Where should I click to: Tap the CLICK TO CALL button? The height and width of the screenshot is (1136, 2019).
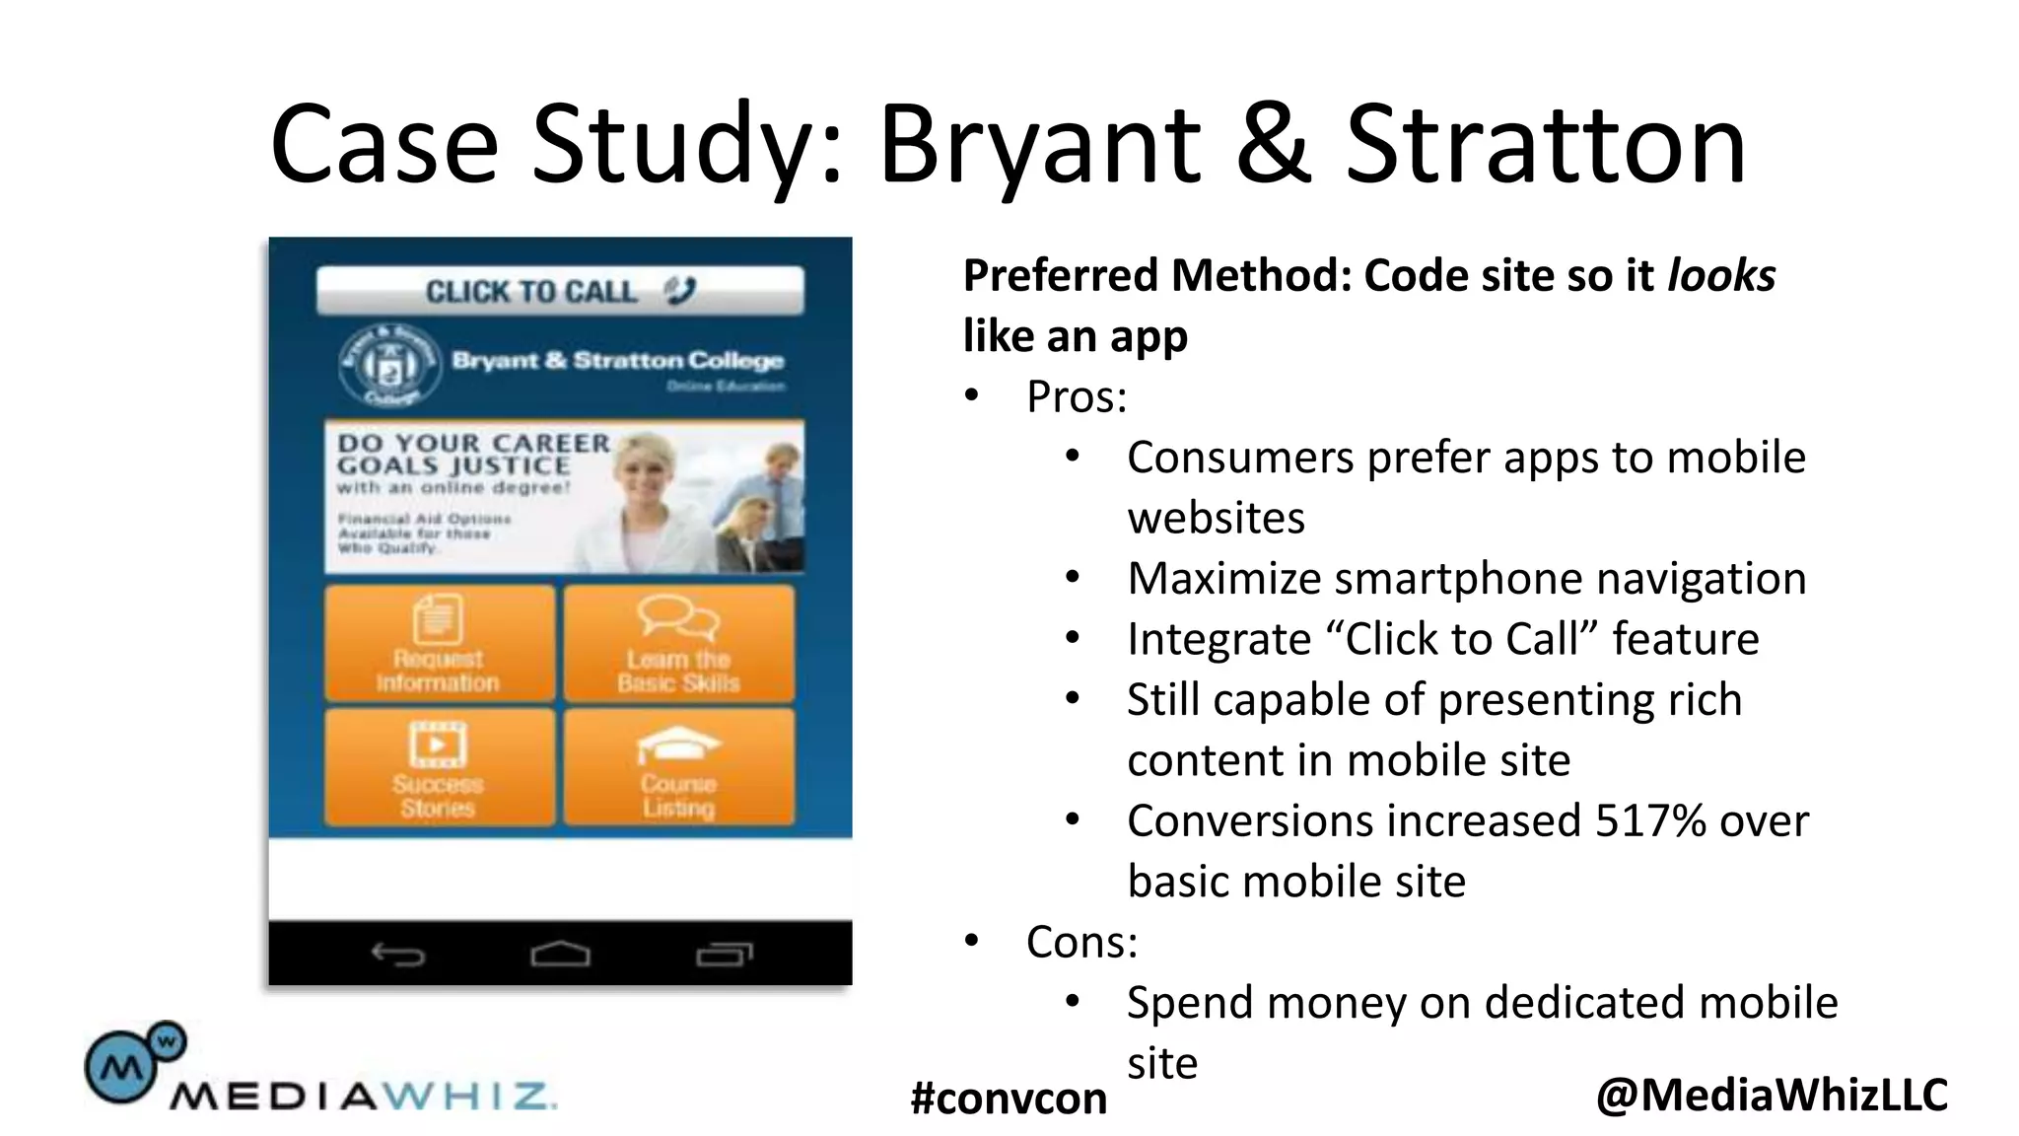(x=559, y=291)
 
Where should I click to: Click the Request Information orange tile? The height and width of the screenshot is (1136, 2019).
(x=440, y=644)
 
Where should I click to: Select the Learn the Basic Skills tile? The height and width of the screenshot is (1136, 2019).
(x=678, y=644)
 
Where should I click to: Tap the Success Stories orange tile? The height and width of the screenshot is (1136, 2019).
(x=440, y=767)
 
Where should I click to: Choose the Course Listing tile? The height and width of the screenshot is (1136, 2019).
(x=678, y=767)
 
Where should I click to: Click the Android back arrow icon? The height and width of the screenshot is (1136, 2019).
(x=397, y=954)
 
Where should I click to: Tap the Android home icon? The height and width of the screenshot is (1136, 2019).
(x=560, y=954)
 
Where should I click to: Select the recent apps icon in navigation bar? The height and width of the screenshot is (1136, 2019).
(x=724, y=954)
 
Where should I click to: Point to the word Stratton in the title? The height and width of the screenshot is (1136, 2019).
(x=1545, y=145)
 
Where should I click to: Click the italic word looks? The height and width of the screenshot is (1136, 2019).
(x=1720, y=275)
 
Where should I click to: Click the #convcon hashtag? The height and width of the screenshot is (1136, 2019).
(x=1009, y=1098)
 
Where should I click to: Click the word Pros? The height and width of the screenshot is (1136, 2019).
(x=1076, y=396)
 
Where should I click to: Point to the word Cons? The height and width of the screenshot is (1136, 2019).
(x=1081, y=942)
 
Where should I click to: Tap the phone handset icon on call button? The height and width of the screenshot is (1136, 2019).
(x=680, y=290)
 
